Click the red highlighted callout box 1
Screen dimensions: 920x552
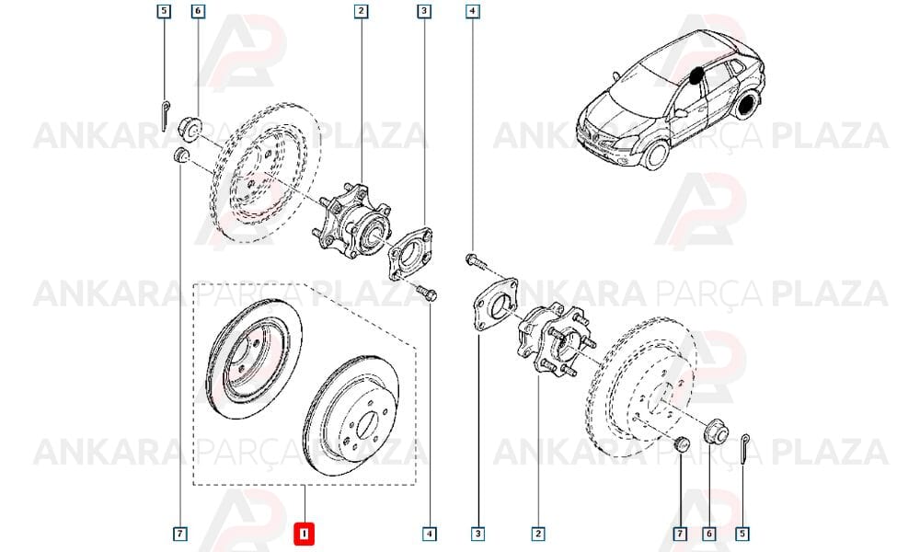click(305, 534)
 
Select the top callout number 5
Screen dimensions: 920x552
click(164, 10)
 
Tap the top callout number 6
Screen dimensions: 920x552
click(198, 10)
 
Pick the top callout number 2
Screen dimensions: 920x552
click(361, 10)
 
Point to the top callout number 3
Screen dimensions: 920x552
click(424, 10)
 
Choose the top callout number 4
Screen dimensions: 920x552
click(472, 10)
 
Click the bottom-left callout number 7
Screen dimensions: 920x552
click(180, 534)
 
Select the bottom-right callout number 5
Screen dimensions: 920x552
click(742, 534)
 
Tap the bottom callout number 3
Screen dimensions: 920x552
click(478, 534)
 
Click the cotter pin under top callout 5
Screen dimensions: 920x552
click(165, 116)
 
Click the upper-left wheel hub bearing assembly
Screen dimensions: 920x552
click(351, 222)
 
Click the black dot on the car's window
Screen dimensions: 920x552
click(696, 75)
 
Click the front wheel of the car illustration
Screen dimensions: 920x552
click(656, 155)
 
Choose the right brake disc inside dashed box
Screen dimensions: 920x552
click(351, 415)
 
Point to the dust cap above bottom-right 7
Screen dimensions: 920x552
click(681, 444)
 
